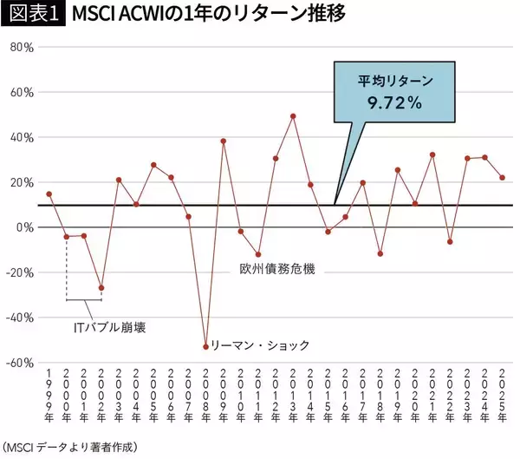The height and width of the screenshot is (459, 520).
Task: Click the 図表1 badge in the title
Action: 34,16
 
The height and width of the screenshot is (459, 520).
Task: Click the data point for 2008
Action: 205,346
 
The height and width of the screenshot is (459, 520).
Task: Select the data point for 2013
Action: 293,115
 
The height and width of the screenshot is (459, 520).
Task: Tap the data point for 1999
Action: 49,194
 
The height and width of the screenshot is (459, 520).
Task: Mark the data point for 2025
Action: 502,178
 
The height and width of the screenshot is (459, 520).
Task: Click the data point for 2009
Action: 224,141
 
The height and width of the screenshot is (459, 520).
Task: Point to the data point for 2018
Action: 380,253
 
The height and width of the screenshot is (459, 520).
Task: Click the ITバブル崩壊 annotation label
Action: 108,328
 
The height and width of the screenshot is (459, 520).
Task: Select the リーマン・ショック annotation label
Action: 260,344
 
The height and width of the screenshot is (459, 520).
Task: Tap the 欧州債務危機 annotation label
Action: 277,270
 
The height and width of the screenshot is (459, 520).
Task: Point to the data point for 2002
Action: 101,287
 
